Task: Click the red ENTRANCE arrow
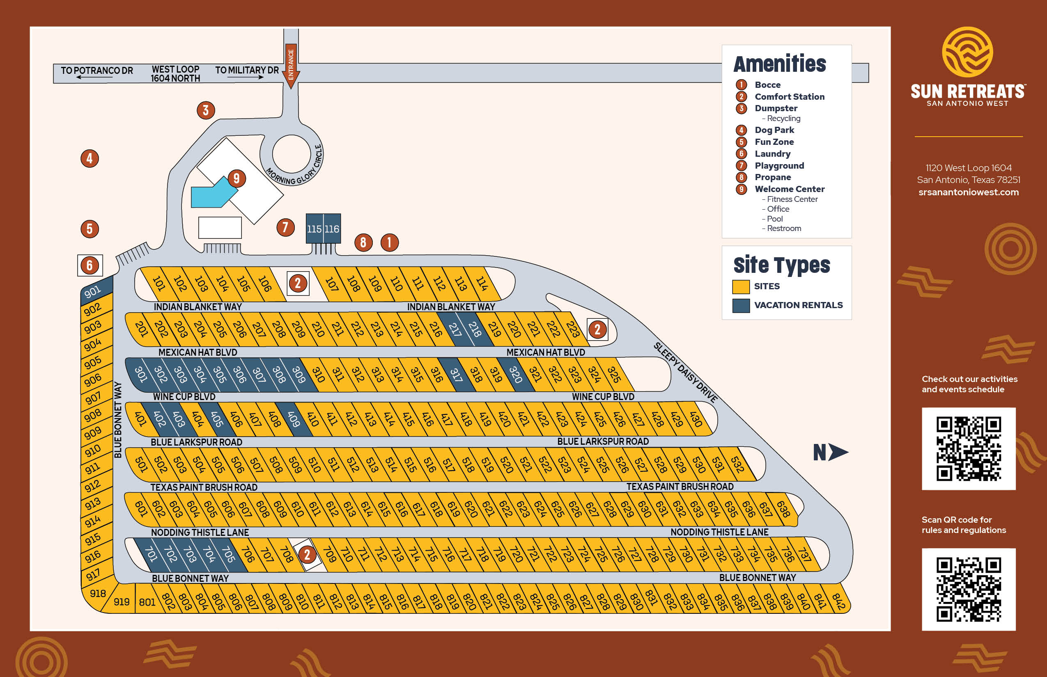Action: (x=291, y=66)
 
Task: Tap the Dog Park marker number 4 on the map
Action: (x=90, y=158)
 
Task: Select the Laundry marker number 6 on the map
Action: (x=90, y=265)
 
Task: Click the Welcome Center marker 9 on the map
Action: (x=236, y=178)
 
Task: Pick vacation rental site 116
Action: (x=332, y=229)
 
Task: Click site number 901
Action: (x=93, y=291)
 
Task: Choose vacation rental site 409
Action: (x=294, y=419)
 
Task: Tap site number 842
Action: (x=838, y=601)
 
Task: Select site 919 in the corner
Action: (x=122, y=602)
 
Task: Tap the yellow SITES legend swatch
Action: (x=741, y=287)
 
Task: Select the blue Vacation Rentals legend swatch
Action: (x=741, y=306)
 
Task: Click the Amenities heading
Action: (x=780, y=64)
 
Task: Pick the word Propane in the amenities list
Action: (x=772, y=177)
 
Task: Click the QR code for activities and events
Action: (x=968, y=449)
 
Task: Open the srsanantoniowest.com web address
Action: (x=968, y=192)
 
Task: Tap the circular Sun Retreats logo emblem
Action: (x=967, y=52)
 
